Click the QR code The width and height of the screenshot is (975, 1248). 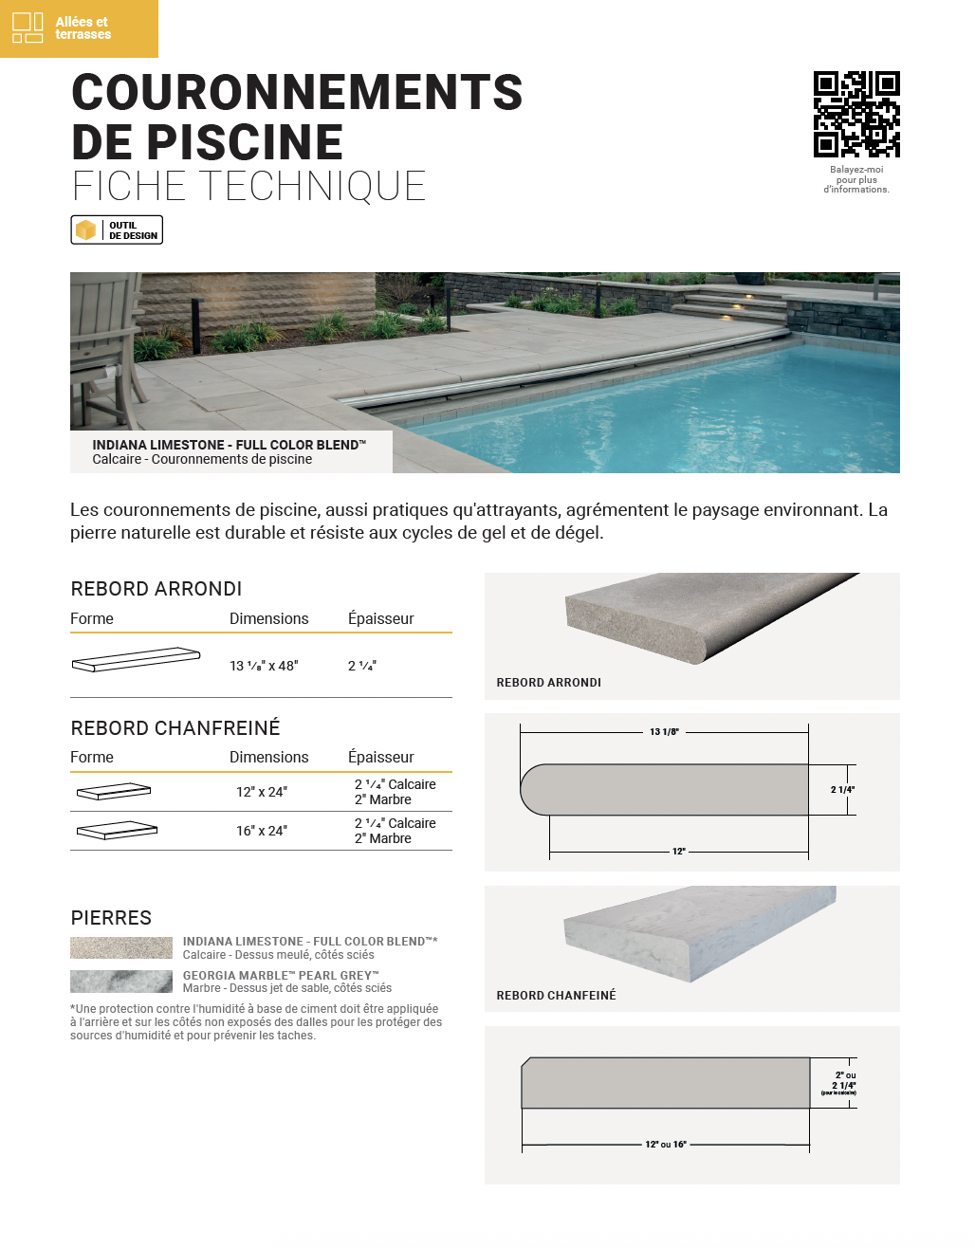click(x=856, y=114)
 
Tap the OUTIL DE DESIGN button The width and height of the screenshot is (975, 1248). click(x=117, y=230)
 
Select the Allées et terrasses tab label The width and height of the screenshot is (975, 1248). click(x=83, y=28)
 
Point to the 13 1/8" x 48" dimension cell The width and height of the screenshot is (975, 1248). click(x=264, y=666)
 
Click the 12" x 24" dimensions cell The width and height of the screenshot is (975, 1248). click(x=262, y=792)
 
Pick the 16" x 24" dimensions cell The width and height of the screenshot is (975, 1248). click(x=262, y=831)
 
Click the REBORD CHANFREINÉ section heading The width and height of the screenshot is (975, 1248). click(x=175, y=728)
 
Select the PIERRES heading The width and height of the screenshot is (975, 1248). click(x=111, y=918)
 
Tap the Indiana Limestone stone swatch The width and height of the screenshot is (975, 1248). click(x=121, y=947)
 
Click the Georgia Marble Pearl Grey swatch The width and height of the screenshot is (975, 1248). click(x=121, y=982)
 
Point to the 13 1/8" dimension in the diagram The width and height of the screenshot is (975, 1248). click(x=664, y=732)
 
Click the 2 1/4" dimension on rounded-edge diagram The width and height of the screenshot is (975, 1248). click(x=842, y=790)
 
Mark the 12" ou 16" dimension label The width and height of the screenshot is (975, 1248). click(x=666, y=1145)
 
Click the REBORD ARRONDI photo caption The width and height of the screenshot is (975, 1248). click(x=549, y=683)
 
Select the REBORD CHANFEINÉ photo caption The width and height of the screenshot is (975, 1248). click(x=556, y=996)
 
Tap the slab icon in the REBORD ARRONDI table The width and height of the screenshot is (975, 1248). click(x=136, y=659)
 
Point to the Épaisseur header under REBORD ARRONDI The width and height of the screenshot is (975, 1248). click(x=381, y=618)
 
